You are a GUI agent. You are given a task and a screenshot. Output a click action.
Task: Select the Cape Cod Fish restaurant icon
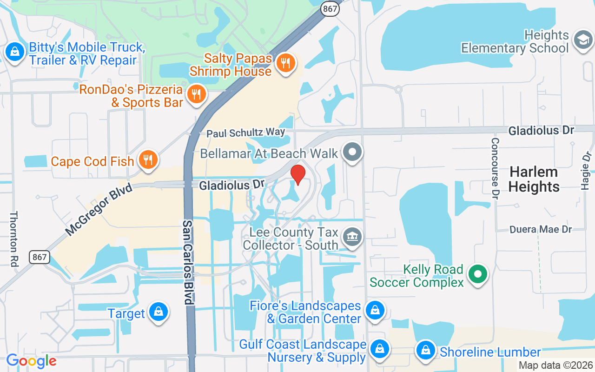[148, 160]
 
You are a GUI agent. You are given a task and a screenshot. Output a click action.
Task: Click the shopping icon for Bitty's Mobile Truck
[15, 52]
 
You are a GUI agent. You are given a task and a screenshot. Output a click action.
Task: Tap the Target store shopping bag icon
[159, 312]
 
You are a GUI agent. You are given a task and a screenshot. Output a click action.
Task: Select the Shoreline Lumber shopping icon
[425, 351]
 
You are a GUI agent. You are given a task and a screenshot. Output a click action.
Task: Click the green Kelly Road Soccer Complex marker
[477, 274]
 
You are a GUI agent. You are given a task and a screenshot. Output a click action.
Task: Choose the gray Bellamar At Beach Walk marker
[352, 152]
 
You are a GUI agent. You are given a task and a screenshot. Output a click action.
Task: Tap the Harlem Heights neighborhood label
[534, 179]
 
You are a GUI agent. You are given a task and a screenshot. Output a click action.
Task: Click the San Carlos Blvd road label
[187, 262]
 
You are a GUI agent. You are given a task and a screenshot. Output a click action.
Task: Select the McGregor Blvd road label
[98, 209]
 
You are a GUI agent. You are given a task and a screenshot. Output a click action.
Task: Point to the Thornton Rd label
[13, 239]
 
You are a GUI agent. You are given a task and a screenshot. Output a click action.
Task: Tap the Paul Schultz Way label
[246, 133]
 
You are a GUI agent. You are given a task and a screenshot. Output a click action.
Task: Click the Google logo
[31, 360]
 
